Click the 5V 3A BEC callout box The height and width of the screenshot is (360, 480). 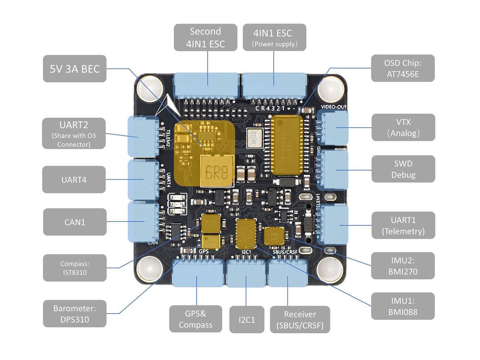click(x=75, y=69)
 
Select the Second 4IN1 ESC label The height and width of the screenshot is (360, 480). click(x=205, y=37)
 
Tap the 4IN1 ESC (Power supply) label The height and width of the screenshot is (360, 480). click(x=274, y=37)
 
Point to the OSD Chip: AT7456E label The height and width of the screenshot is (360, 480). click(x=402, y=68)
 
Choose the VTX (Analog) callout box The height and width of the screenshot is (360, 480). click(x=403, y=127)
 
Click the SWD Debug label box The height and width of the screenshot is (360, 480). click(x=403, y=169)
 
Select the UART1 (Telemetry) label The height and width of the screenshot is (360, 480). click(x=403, y=225)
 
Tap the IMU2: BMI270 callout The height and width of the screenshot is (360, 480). click(x=402, y=266)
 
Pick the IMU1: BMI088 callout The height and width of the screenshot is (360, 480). click(x=402, y=306)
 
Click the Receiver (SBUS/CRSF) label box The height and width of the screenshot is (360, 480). click(x=300, y=319)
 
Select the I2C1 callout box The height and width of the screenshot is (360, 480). click(x=247, y=319)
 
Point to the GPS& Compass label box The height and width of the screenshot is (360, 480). click(x=196, y=319)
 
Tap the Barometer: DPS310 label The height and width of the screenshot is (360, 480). click(x=75, y=313)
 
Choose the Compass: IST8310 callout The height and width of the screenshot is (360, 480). click(x=75, y=268)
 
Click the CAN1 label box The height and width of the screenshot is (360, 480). click(x=75, y=222)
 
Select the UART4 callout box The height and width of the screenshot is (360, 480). click(x=74, y=179)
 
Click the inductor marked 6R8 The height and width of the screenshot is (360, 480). click(x=217, y=172)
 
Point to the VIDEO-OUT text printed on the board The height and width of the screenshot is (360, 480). click(x=333, y=107)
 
